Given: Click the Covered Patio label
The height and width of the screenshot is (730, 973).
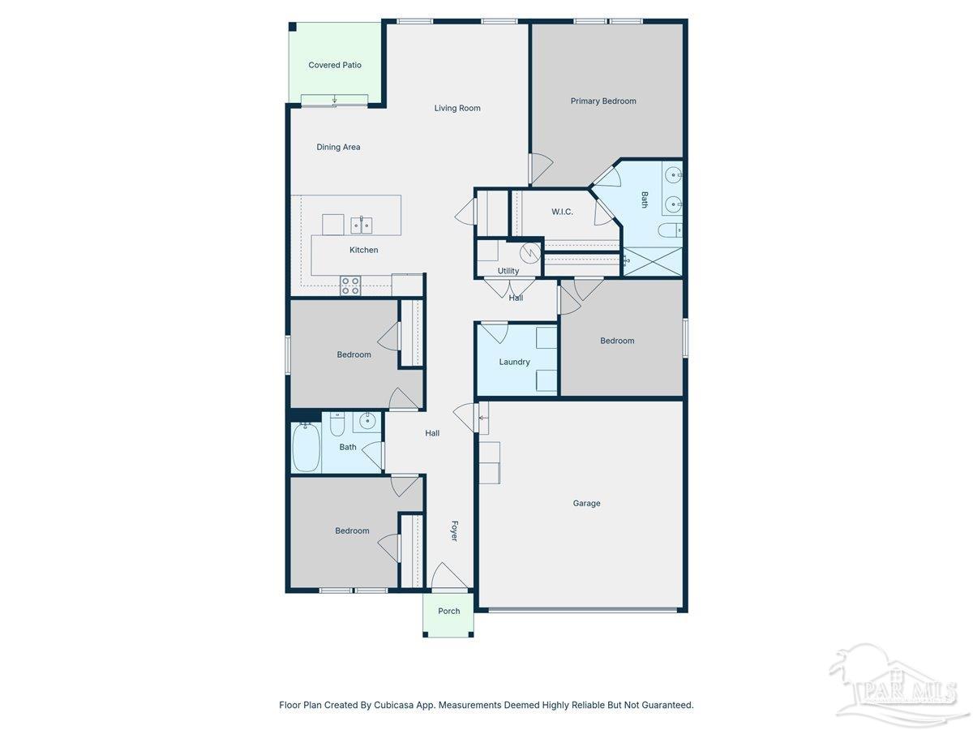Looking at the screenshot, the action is (x=335, y=65).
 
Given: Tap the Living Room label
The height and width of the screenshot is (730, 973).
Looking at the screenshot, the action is (x=457, y=108).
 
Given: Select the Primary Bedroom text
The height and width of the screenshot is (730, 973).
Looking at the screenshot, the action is (x=603, y=101).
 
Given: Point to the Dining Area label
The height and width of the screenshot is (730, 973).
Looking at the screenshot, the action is (x=338, y=147).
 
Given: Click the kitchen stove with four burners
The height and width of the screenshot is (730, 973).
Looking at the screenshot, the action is (x=350, y=286).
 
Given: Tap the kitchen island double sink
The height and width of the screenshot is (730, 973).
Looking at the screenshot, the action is (x=362, y=225).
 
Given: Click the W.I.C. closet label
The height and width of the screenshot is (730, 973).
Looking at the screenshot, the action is (x=562, y=212).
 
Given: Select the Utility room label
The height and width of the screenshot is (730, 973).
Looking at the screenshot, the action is (x=508, y=271).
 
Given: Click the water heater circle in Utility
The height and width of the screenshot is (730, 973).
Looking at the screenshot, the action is (x=529, y=253).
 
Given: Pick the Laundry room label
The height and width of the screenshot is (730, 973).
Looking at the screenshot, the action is (x=514, y=362).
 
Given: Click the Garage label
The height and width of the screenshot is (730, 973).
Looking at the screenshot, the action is (x=586, y=503).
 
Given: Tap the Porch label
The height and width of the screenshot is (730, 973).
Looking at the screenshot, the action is (x=448, y=611).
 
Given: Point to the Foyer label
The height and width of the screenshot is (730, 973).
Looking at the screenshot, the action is (x=454, y=530).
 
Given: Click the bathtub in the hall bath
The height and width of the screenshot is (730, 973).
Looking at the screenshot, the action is (x=306, y=447).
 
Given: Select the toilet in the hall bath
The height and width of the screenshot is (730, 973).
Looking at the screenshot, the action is (x=337, y=424).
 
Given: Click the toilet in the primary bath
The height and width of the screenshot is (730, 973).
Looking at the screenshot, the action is (x=670, y=230).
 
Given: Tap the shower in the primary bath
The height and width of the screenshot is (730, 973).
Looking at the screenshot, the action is (x=652, y=262).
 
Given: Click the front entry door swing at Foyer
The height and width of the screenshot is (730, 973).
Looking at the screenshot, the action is (x=449, y=576).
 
